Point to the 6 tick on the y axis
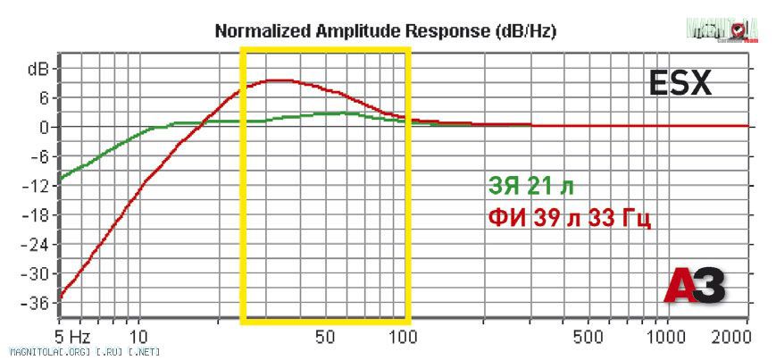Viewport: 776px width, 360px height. [43, 98]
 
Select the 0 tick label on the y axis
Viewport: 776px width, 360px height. [43, 128]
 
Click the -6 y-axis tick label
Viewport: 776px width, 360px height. [39, 157]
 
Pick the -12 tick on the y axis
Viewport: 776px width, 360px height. [37, 187]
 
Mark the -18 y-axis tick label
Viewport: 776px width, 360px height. [37, 216]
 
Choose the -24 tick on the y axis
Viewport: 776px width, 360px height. [37, 245]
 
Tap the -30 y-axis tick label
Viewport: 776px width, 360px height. [37, 274]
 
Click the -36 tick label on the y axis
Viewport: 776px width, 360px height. [37, 304]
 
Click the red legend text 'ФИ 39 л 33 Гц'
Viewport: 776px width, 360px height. [569, 217]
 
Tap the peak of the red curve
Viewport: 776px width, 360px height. [279, 80]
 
